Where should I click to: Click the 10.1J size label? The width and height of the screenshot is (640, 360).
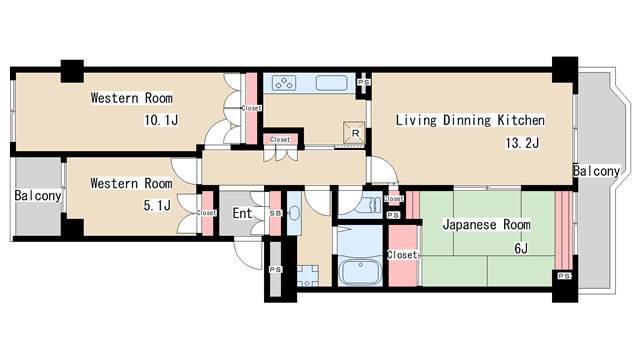click(x=161, y=120)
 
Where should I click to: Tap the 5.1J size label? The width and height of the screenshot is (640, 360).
click(x=157, y=205)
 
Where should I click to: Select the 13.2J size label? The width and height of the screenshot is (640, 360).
click(x=522, y=143)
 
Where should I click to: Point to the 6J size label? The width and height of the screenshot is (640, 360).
click(x=521, y=248)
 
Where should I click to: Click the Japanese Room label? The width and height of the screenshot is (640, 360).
click(x=487, y=224)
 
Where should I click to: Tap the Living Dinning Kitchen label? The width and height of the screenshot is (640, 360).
click(x=470, y=120)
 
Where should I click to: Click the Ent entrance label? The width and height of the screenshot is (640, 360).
click(x=242, y=213)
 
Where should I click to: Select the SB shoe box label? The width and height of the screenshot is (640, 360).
click(x=275, y=213)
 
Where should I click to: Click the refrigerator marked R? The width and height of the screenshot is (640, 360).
click(x=354, y=133)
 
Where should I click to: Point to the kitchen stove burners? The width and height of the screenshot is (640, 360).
click(x=284, y=83)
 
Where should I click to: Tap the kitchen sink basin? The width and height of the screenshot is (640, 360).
click(x=331, y=83)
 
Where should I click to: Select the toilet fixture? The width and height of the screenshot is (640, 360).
click(x=369, y=204)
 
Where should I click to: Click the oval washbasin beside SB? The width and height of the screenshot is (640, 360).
click(x=294, y=213)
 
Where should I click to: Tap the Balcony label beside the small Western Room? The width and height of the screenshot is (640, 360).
click(x=38, y=196)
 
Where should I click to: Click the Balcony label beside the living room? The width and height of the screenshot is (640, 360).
click(x=596, y=171)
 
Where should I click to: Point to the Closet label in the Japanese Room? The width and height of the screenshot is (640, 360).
click(x=402, y=255)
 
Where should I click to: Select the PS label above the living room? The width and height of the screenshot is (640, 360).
click(x=364, y=82)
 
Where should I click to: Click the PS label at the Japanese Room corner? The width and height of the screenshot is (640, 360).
click(x=564, y=276)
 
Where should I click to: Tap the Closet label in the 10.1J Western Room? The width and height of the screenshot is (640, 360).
click(x=251, y=108)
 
